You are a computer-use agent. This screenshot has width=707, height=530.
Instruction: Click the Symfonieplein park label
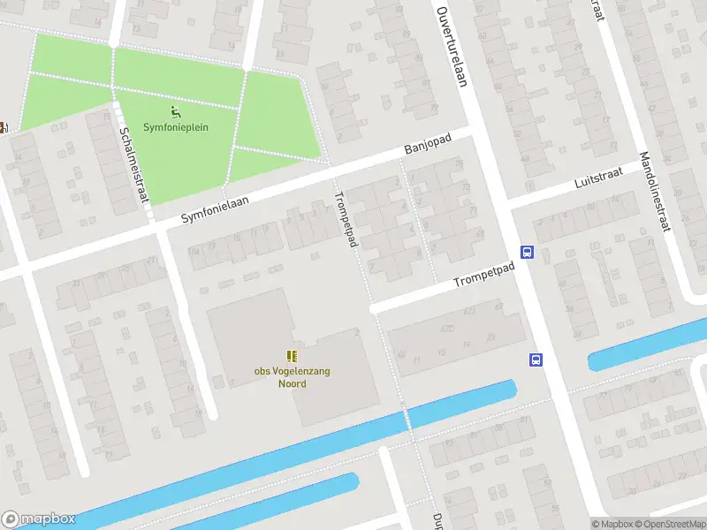[x=177, y=127]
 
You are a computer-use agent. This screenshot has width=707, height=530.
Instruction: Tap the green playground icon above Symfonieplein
[x=176, y=111]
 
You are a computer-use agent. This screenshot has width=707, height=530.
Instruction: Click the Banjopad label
[x=428, y=146]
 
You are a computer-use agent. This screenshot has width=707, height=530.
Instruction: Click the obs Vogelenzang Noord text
[x=292, y=377]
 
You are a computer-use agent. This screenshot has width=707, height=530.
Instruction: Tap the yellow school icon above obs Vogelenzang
[x=292, y=356]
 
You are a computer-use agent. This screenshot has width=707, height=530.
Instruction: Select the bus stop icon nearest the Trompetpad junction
[x=527, y=252]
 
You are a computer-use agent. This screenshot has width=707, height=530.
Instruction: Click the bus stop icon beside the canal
[x=535, y=359]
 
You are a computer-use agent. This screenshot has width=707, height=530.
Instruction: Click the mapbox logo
[x=38, y=519]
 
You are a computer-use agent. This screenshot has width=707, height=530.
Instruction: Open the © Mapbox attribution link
[x=613, y=523]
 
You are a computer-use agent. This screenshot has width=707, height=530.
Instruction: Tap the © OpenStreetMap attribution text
[x=670, y=523]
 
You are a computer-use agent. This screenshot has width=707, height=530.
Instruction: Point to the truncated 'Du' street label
[x=437, y=520]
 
